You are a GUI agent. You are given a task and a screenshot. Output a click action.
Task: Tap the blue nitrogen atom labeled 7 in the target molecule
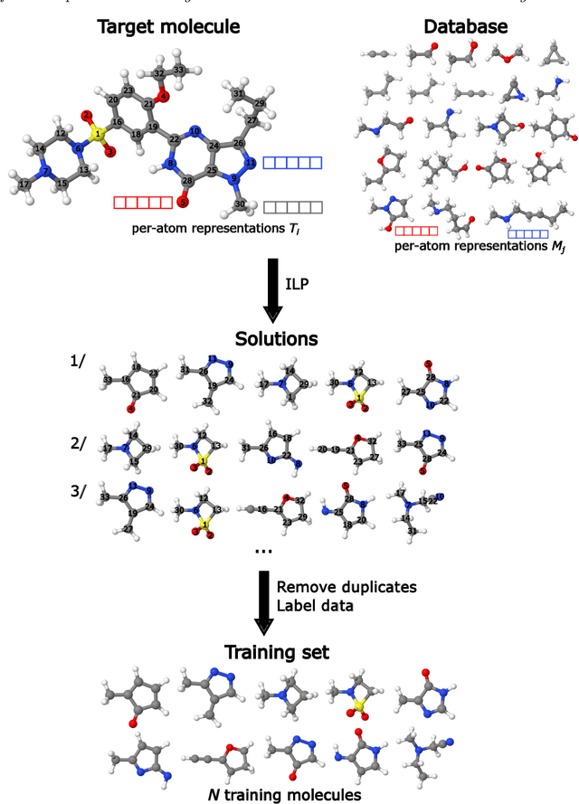45,169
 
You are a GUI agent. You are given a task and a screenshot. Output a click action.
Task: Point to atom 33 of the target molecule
179,70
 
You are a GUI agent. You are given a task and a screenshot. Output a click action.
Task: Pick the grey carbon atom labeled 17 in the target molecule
24,185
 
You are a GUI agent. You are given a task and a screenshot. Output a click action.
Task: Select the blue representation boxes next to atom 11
291,163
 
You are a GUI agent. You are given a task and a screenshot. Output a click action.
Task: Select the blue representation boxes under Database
527,234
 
